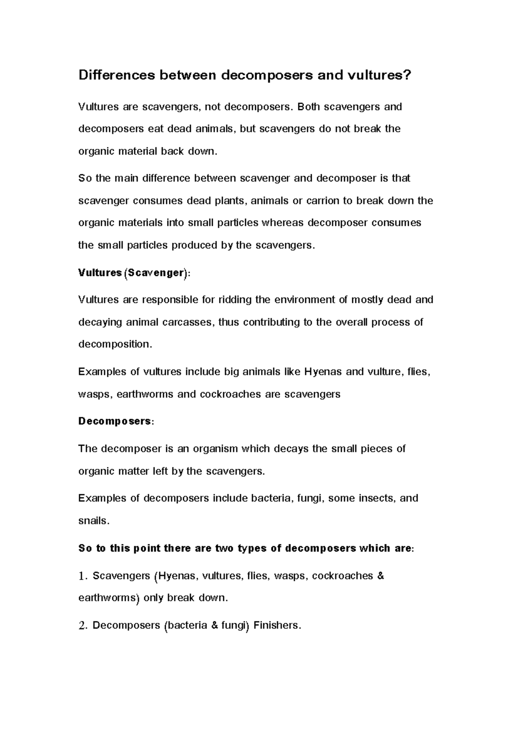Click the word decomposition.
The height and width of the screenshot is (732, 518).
click(115, 344)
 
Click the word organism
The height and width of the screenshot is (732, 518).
click(215, 448)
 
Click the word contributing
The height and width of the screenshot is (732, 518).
click(272, 322)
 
